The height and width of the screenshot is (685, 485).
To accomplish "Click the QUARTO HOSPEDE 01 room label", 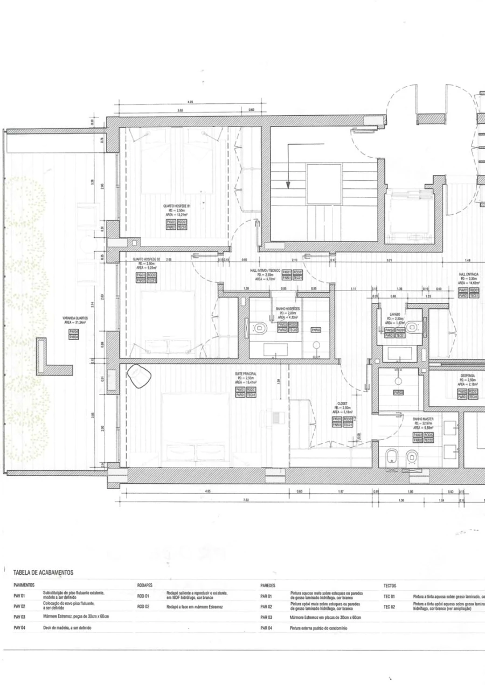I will click(x=177, y=206).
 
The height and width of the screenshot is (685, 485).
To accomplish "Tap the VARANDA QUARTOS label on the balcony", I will click(x=75, y=318).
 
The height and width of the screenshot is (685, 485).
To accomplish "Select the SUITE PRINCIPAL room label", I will click(x=245, y=373).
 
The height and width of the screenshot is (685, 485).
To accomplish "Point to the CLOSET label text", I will click(x=342, y=403).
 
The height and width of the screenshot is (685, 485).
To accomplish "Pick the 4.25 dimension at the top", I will click(x=190, y=101).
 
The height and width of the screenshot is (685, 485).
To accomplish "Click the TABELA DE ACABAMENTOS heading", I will click(x=43, y=573).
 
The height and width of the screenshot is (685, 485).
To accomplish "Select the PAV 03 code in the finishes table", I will click(x=19, y=617).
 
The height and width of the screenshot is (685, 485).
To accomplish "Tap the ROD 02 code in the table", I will click(x=143, y=606).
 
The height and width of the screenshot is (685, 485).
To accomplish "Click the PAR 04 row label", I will click(x=266, y=628).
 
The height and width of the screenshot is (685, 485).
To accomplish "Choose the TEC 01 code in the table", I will click(x=390, y=596).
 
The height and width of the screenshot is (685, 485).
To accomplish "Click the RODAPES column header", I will click(x=145, y=584).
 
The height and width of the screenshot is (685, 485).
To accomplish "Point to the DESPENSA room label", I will click(x=467, y=376).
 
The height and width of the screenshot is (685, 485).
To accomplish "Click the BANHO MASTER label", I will click(x=423, y=418).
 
